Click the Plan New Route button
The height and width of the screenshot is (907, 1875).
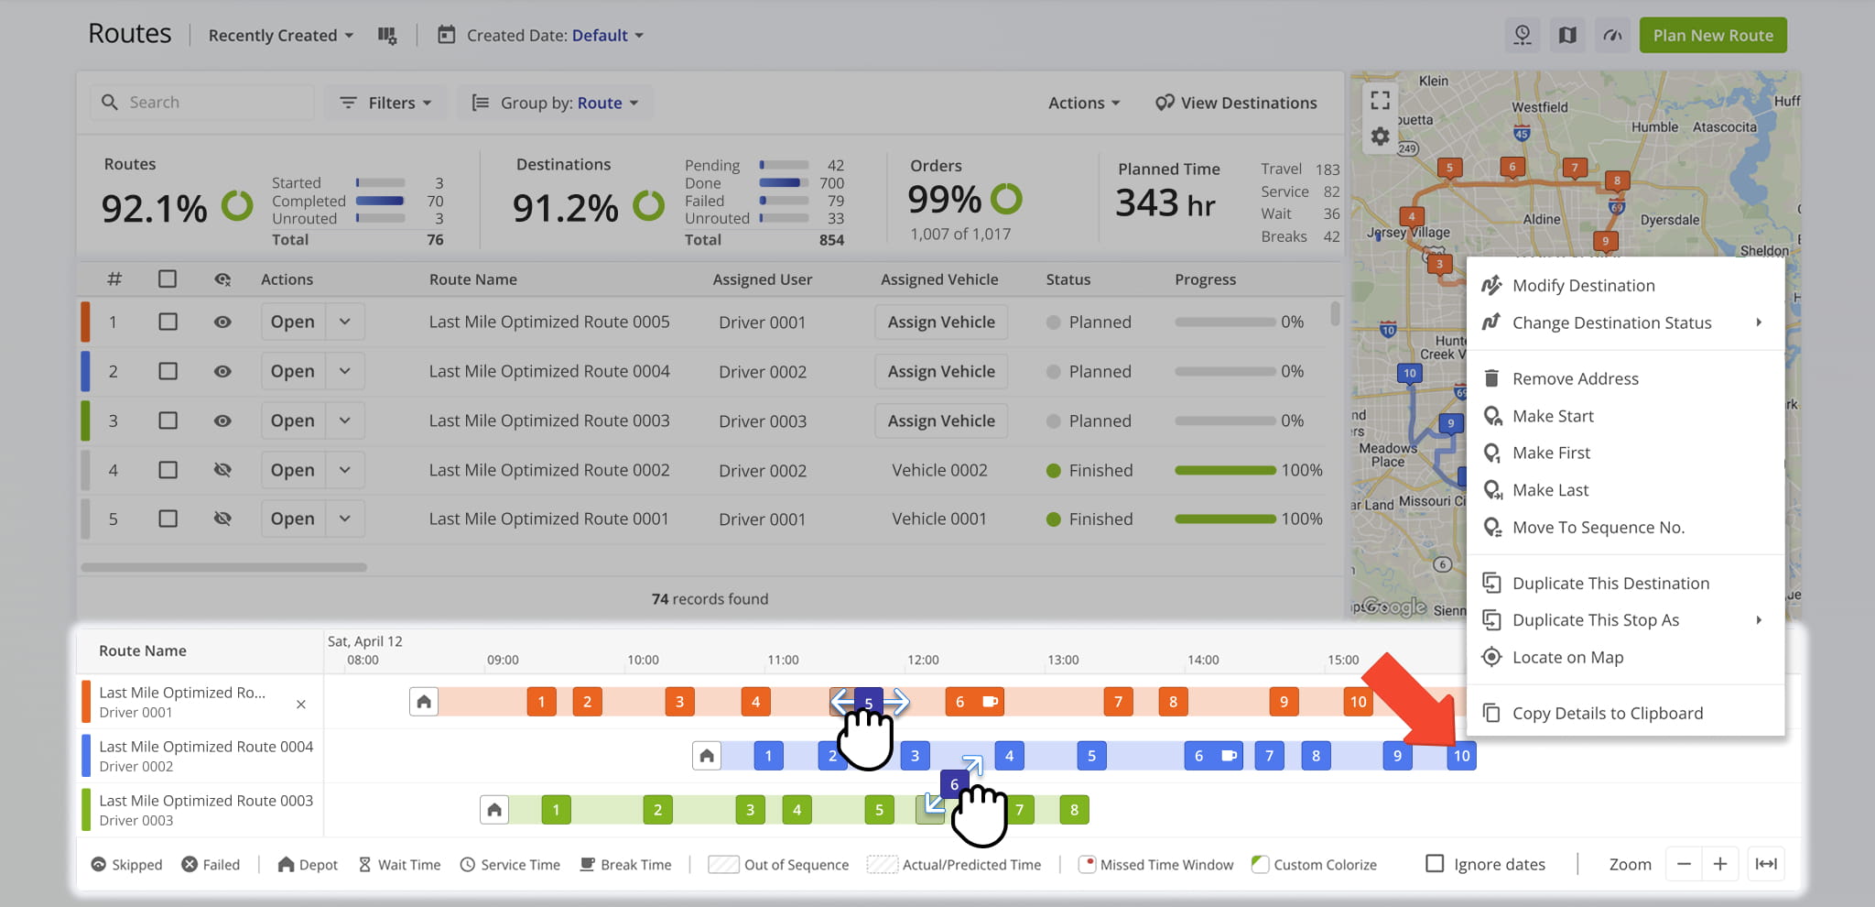pos(1712,36)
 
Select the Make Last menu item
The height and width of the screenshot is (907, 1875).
pos(1550,490)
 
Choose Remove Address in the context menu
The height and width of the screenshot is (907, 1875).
pos(1575,378)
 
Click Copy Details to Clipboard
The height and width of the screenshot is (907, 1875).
pos(1607,713)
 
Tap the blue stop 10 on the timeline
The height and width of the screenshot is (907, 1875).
pos(1461,756)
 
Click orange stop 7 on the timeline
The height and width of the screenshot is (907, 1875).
pos(1118,702)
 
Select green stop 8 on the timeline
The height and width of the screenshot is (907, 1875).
pos(1074,810)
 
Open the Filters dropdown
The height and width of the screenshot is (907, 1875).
pos(385,103)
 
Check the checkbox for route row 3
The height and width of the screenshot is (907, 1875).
pos(168,421)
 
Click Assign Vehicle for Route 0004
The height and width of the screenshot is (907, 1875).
pos(940,371)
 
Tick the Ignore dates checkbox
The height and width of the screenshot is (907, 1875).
pos(1435,864)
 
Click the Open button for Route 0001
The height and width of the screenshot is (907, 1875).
pos(292,519)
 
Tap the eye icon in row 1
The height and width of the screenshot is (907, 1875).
pos(222,322)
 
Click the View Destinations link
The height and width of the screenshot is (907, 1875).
pos(1236,103)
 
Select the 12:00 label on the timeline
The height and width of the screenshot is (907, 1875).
pos(923,660)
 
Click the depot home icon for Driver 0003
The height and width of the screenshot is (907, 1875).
pos(494,810)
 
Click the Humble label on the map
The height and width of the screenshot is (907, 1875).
pos(1654,127)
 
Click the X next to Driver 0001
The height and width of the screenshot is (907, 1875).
pos(301,704)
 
